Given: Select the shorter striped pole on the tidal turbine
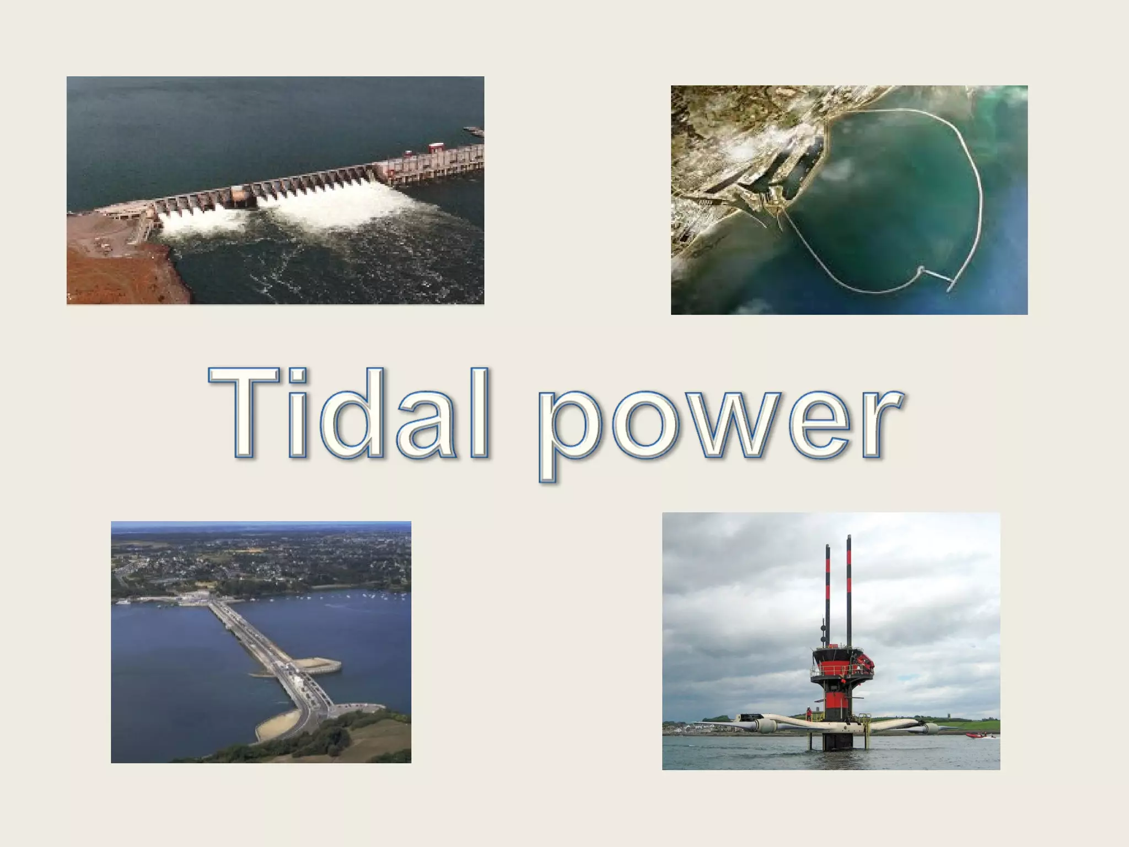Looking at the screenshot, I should pos(827,596).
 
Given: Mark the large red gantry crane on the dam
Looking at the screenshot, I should pos(436,148).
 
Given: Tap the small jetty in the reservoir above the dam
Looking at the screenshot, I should pos(474,131).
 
